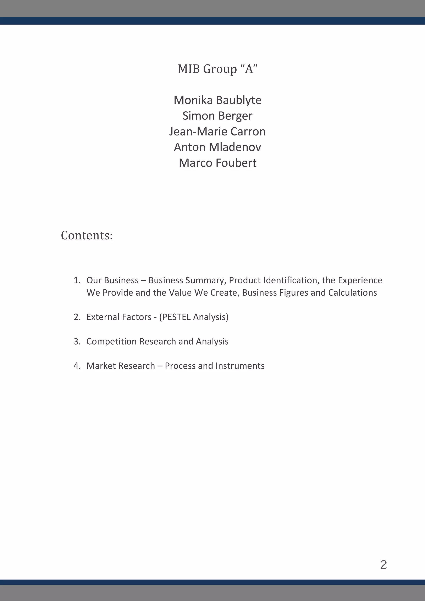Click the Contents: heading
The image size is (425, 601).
[87, 235]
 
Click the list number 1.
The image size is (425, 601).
[77, 280]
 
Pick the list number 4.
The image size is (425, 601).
[77, 366]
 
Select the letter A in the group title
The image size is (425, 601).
[249, 69]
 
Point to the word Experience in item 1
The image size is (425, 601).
[360, 280]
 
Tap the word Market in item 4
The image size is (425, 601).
[101, 366]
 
